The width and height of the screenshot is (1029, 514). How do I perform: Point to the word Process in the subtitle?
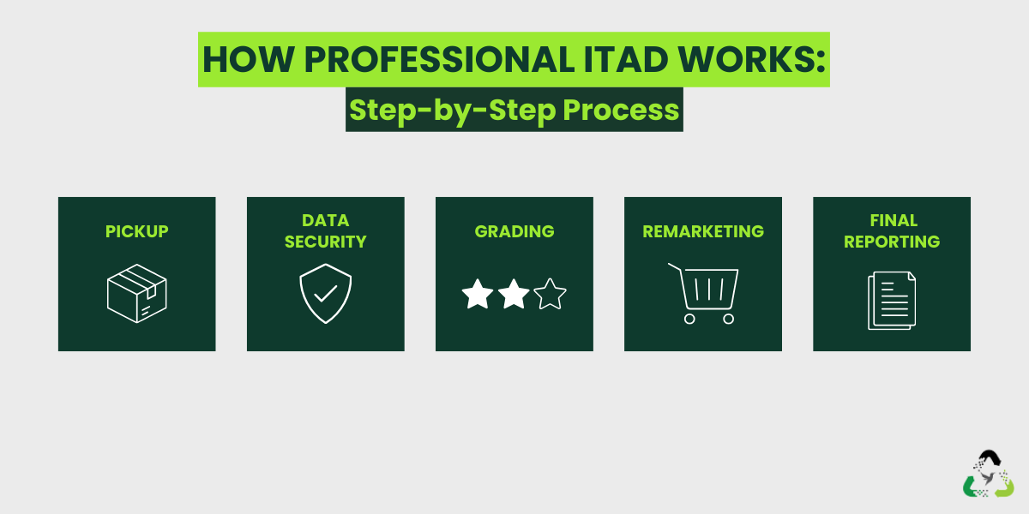[x=621, y=110]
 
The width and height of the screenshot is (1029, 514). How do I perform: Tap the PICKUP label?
[x=137, y=231]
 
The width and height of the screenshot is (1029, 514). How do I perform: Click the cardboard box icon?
[x=137, y=293]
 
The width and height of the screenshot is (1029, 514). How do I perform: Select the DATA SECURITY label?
[x=325, y=231]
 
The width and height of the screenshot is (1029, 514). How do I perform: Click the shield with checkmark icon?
[x=325, y=294]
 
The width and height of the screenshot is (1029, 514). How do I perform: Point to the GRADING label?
[x=514, y=231]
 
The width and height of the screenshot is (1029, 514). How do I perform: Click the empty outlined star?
[x=550, y=296]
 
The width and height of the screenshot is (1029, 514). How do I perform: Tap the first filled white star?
[x=478, y=296]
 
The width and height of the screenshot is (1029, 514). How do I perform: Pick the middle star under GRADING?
[x=514, y=296]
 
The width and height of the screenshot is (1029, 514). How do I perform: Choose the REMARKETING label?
[x=703, y=231]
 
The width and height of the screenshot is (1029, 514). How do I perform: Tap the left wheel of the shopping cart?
[x=689, y=319]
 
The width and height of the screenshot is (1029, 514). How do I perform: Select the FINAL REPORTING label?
[x=892, y=231]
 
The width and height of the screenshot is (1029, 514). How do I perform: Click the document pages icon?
[x=892, y=300]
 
